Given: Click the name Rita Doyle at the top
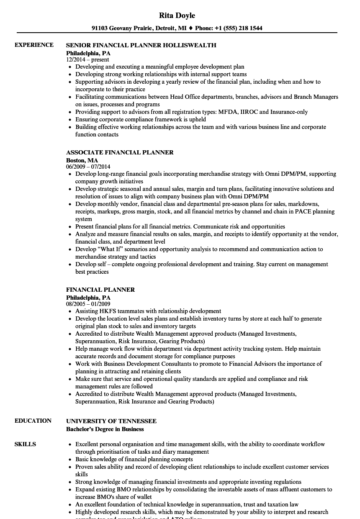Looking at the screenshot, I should click(x=177, y=15).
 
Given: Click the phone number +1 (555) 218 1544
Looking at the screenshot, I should click(x=239, y=28).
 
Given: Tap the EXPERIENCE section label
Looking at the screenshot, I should click(x=34, y=45).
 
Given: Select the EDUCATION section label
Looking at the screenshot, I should click(x=33, y=421).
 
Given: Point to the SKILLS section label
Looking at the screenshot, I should click(x=25, y=444).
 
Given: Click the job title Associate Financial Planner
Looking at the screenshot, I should click(x=120, y=152).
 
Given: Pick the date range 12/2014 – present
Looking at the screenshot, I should click(x=87, y=59).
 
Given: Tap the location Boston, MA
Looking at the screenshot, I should click(x=82, y=160).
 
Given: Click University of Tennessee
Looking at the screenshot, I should click(x=111, y=421).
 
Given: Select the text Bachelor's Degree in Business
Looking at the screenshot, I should click(x=105, y=429).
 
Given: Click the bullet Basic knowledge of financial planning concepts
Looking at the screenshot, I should click(x=134, y=459).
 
